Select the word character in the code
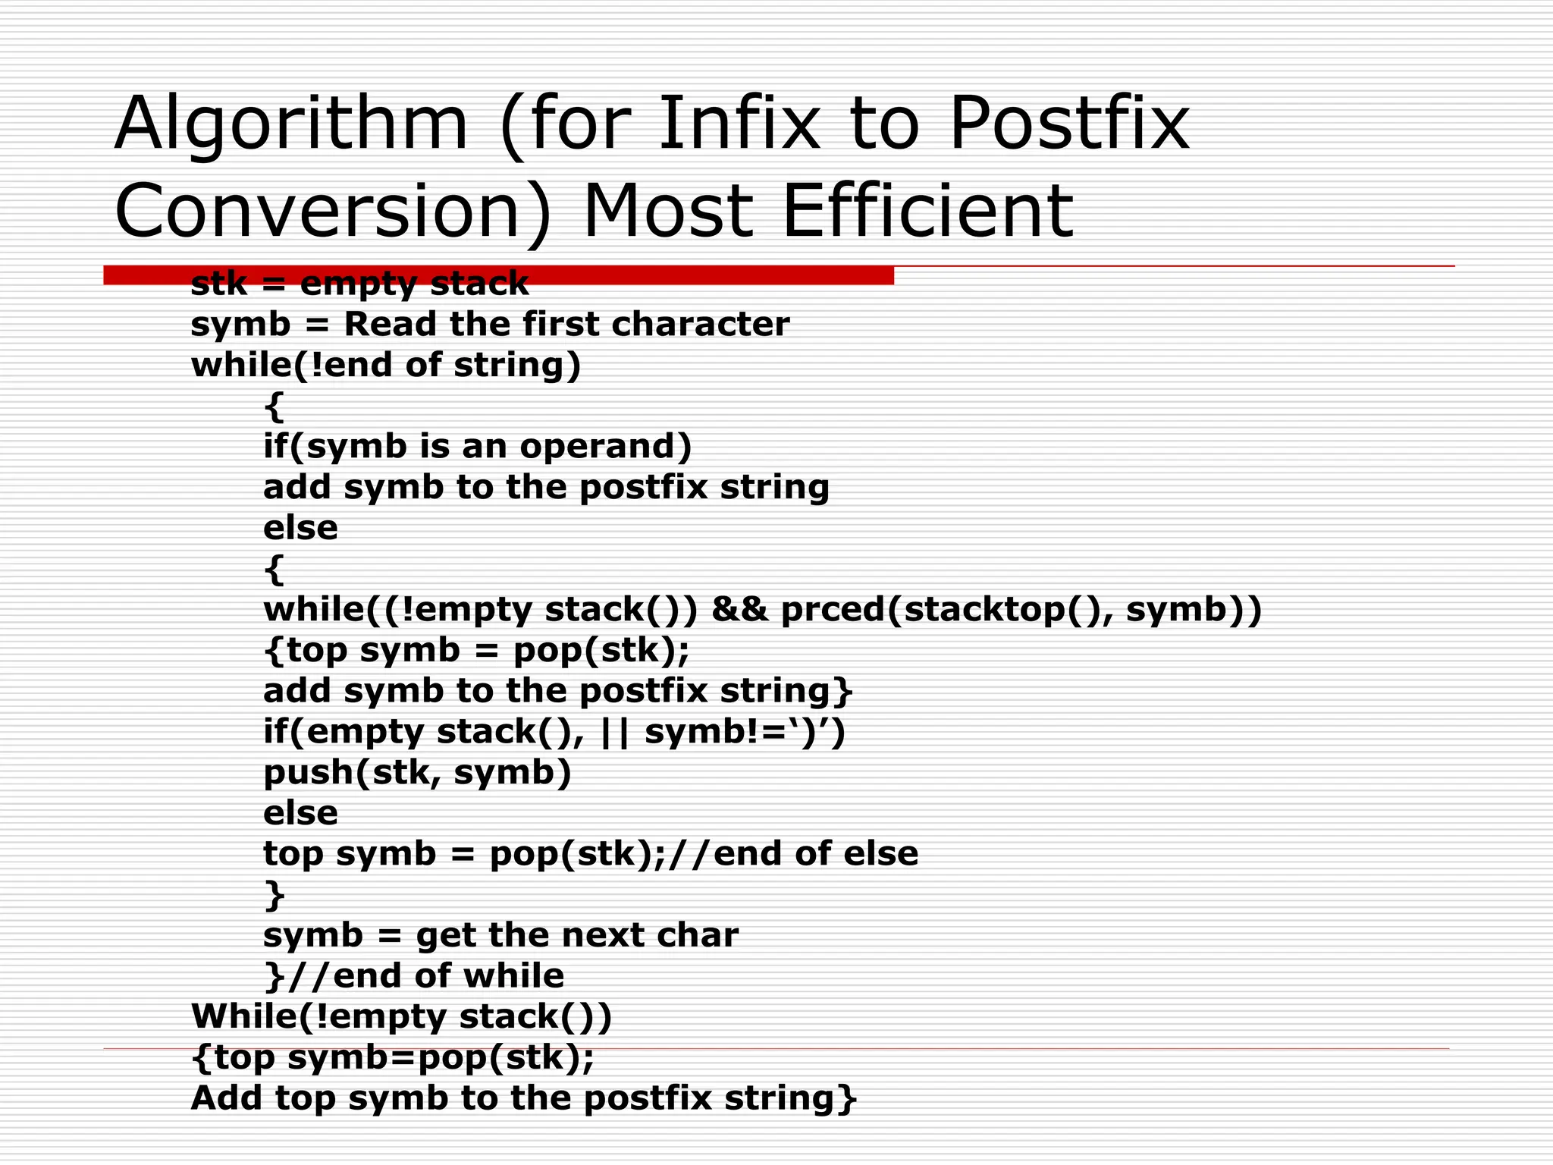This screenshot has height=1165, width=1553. click(x=701, y=325)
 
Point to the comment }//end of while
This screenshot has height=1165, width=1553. click(x=414, y=976)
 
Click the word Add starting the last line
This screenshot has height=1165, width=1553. click(x=227, y=1098)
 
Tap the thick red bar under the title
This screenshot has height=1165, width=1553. click(x=498, y=275)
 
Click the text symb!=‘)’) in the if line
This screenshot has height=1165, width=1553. click(x=745, y=732)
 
